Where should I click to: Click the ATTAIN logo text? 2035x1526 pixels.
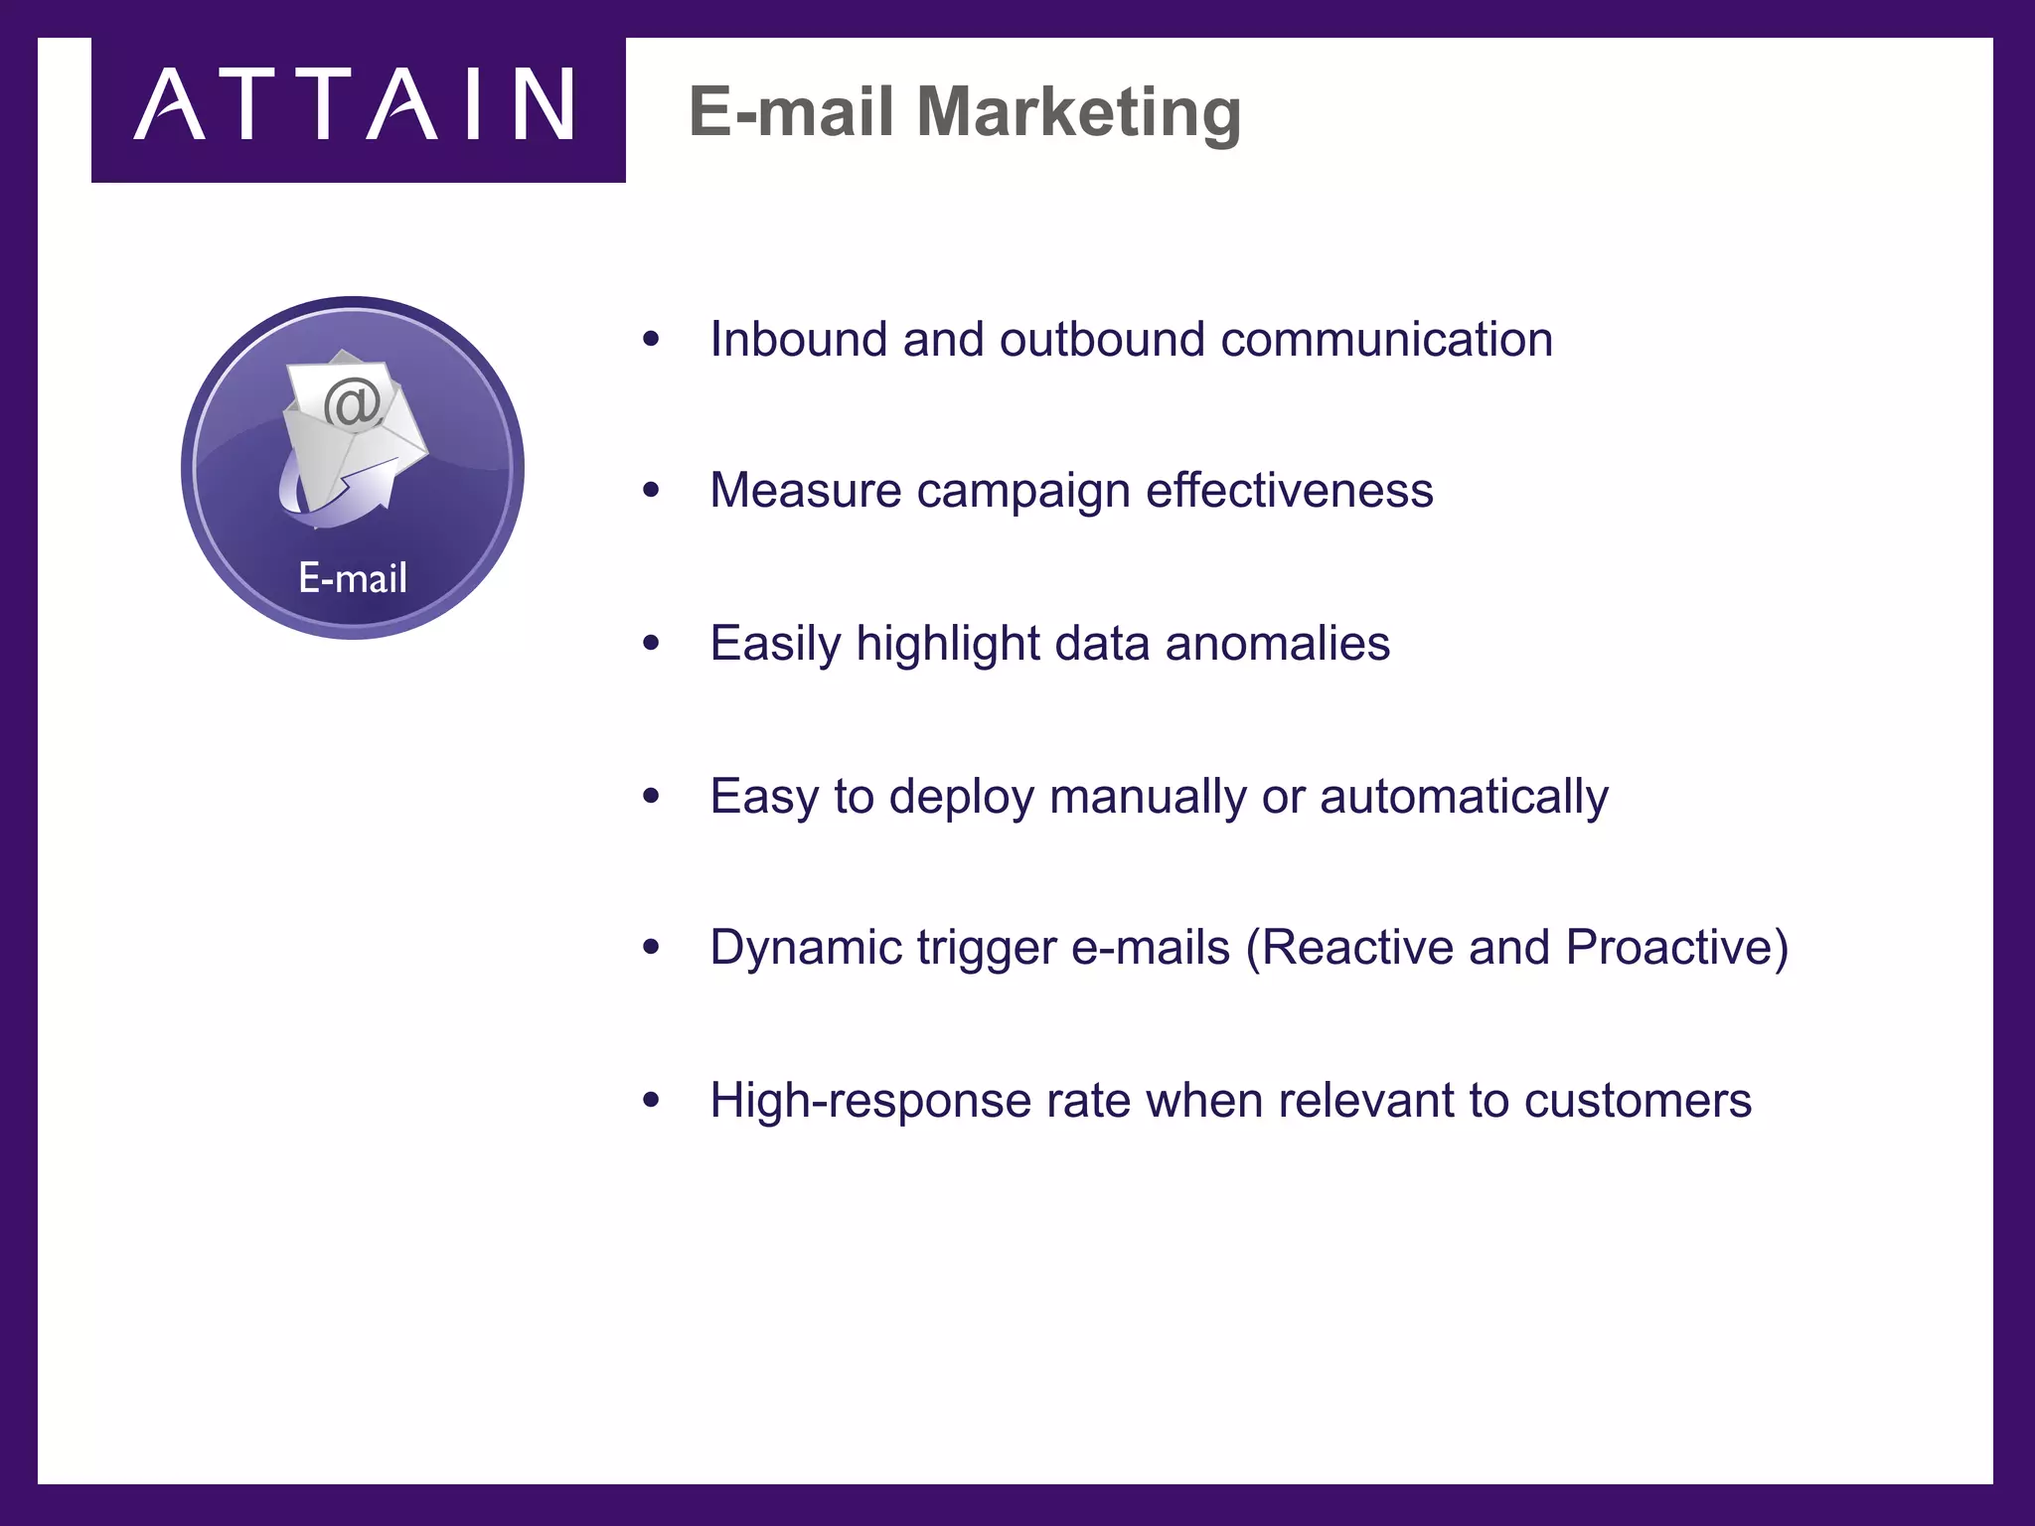(x=354, y=105)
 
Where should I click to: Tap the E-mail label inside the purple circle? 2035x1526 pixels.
(x=353, y=578)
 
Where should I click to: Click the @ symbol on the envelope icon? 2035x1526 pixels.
(x=353, y=403)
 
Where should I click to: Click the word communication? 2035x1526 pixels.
(x=1386, y=340)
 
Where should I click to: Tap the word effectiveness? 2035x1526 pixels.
(x=1289, y=491)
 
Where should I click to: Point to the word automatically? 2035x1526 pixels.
(x=1464, y=797)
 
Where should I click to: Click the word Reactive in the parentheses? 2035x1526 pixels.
(x=1357, y=948)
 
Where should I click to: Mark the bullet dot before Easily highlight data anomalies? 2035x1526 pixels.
(x=651, y=644)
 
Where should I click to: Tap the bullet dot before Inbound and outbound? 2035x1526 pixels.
(x=651, y=340)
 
